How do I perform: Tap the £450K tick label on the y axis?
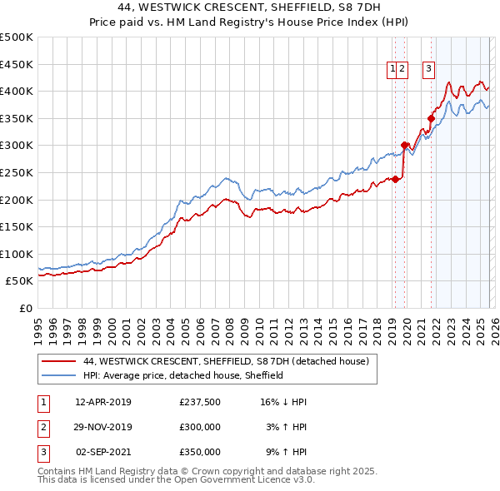pos(17,64)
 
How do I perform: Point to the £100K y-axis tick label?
pos(17,254)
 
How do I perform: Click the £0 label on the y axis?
pos(26,308)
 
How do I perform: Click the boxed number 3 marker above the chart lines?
pos(428,70)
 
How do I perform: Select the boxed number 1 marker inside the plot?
pos(392,70)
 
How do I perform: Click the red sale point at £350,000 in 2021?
pos(431,118)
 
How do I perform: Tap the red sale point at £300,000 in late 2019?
pos(405,146)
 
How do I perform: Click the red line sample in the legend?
pos(59,361)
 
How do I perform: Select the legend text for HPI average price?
pos(183,375)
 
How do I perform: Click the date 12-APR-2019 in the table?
pos(103,401)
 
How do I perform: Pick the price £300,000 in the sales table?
pos(199,427)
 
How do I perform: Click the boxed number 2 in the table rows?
pos(42,427)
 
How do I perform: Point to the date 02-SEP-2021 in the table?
pos(103,453)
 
